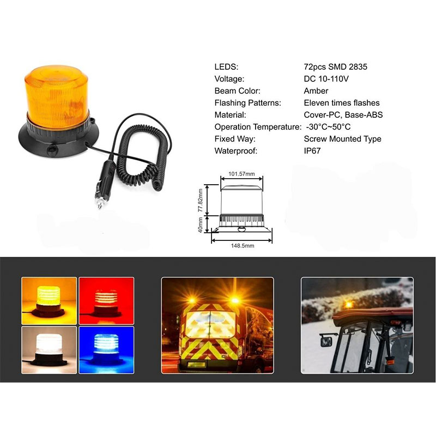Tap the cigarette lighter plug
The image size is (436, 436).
(105, 184)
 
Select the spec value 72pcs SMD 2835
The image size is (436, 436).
(335, 66)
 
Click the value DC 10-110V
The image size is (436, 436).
(326, 79)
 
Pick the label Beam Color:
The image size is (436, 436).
(238, 91)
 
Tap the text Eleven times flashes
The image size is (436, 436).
(342, 103)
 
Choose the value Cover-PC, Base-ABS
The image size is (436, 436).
(343, 115)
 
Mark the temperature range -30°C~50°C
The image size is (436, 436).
(328, 127)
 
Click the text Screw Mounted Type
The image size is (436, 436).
(342, 139)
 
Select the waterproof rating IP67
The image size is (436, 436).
(312, 151)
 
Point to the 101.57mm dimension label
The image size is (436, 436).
(241, 174)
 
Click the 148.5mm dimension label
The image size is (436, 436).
(243, 246)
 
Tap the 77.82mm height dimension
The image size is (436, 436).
(200, 200)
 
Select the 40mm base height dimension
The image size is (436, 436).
(200, 225)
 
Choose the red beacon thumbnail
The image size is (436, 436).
(106, 301)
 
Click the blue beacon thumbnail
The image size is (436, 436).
(106, 350)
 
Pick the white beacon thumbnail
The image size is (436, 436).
(49, 350)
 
